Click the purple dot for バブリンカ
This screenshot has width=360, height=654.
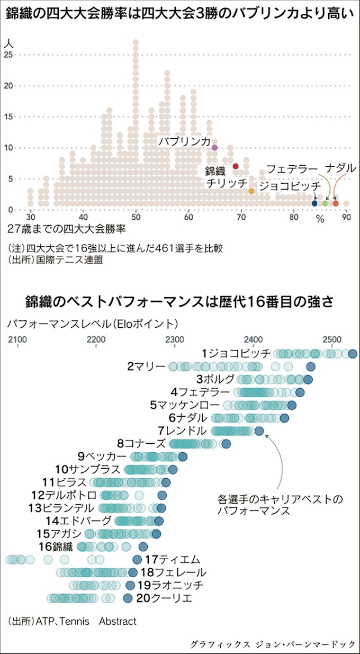pos(214,147)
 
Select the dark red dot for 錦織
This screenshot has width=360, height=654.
pos(236,166)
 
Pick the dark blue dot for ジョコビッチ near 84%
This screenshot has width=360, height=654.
pos(314,203)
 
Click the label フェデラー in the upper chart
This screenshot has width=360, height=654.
pos(292,169)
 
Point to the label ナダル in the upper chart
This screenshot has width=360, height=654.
pos(340,168)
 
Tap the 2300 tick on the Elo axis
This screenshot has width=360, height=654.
pos(175,339)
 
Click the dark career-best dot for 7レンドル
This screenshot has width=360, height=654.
pos(259,431)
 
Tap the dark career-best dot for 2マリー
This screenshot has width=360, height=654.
pos(311,366)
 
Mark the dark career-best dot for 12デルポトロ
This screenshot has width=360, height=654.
pos(162,495)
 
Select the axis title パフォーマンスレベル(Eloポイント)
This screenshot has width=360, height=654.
pos(93,322)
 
